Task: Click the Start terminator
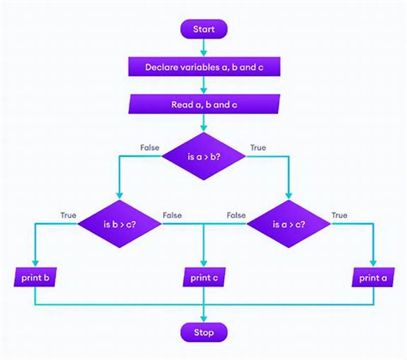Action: click(203, 29)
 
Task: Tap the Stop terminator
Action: click(203, 333)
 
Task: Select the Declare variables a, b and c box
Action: click(203, 67)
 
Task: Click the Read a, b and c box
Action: click(203, 105)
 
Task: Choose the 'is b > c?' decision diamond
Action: click(120, 224)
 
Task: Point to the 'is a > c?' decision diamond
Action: click(288, 224)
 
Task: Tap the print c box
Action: click(203, 278)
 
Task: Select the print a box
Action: click(373, 278)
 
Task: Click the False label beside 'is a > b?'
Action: click(150, 147)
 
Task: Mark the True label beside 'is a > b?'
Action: click(257, 147)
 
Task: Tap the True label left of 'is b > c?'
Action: click(68, 215)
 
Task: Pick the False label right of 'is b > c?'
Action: click(172, 215)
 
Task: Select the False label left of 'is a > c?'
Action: click(236, 215)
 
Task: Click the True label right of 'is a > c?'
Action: click(339, 215)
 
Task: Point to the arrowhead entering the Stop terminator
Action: click(203, 319)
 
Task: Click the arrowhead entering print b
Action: click(35, 263)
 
